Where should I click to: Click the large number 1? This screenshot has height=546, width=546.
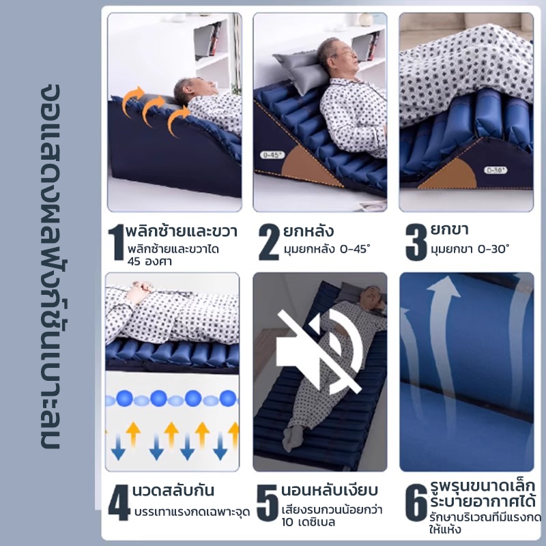coord(117,242)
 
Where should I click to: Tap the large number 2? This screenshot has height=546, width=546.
coord(269,242)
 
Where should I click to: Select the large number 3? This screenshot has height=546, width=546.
coord(416,242)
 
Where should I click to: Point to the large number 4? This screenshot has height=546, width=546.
coord(119,502)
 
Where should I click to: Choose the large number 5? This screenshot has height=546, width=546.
coord(268,502)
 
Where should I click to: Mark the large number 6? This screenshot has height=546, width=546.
coord(416,502)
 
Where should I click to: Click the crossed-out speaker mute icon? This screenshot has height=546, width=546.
coord(319,351)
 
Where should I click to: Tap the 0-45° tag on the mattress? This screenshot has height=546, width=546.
coord(272,155)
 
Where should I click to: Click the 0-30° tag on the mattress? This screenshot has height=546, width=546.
coord(495,170)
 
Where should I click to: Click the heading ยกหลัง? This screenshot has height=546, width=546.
coord(308,231)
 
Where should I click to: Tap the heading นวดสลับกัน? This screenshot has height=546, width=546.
coord(173,491)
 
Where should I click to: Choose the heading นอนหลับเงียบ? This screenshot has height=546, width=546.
coord(330,490)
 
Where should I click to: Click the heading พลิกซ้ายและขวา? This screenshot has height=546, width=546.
coord(182,231)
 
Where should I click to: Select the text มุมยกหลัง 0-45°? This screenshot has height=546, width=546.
coord(327,249)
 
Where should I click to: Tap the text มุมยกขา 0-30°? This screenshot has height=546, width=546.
coord(470,249)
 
